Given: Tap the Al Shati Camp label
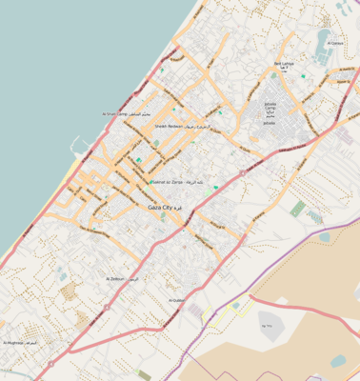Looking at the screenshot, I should pos(112,113).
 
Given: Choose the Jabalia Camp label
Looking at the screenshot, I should pos(270,106).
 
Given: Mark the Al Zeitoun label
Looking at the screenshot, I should pos(116,279).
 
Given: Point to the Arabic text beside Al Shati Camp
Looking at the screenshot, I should pos(139,113).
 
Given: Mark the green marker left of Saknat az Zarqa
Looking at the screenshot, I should pos(139,160).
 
